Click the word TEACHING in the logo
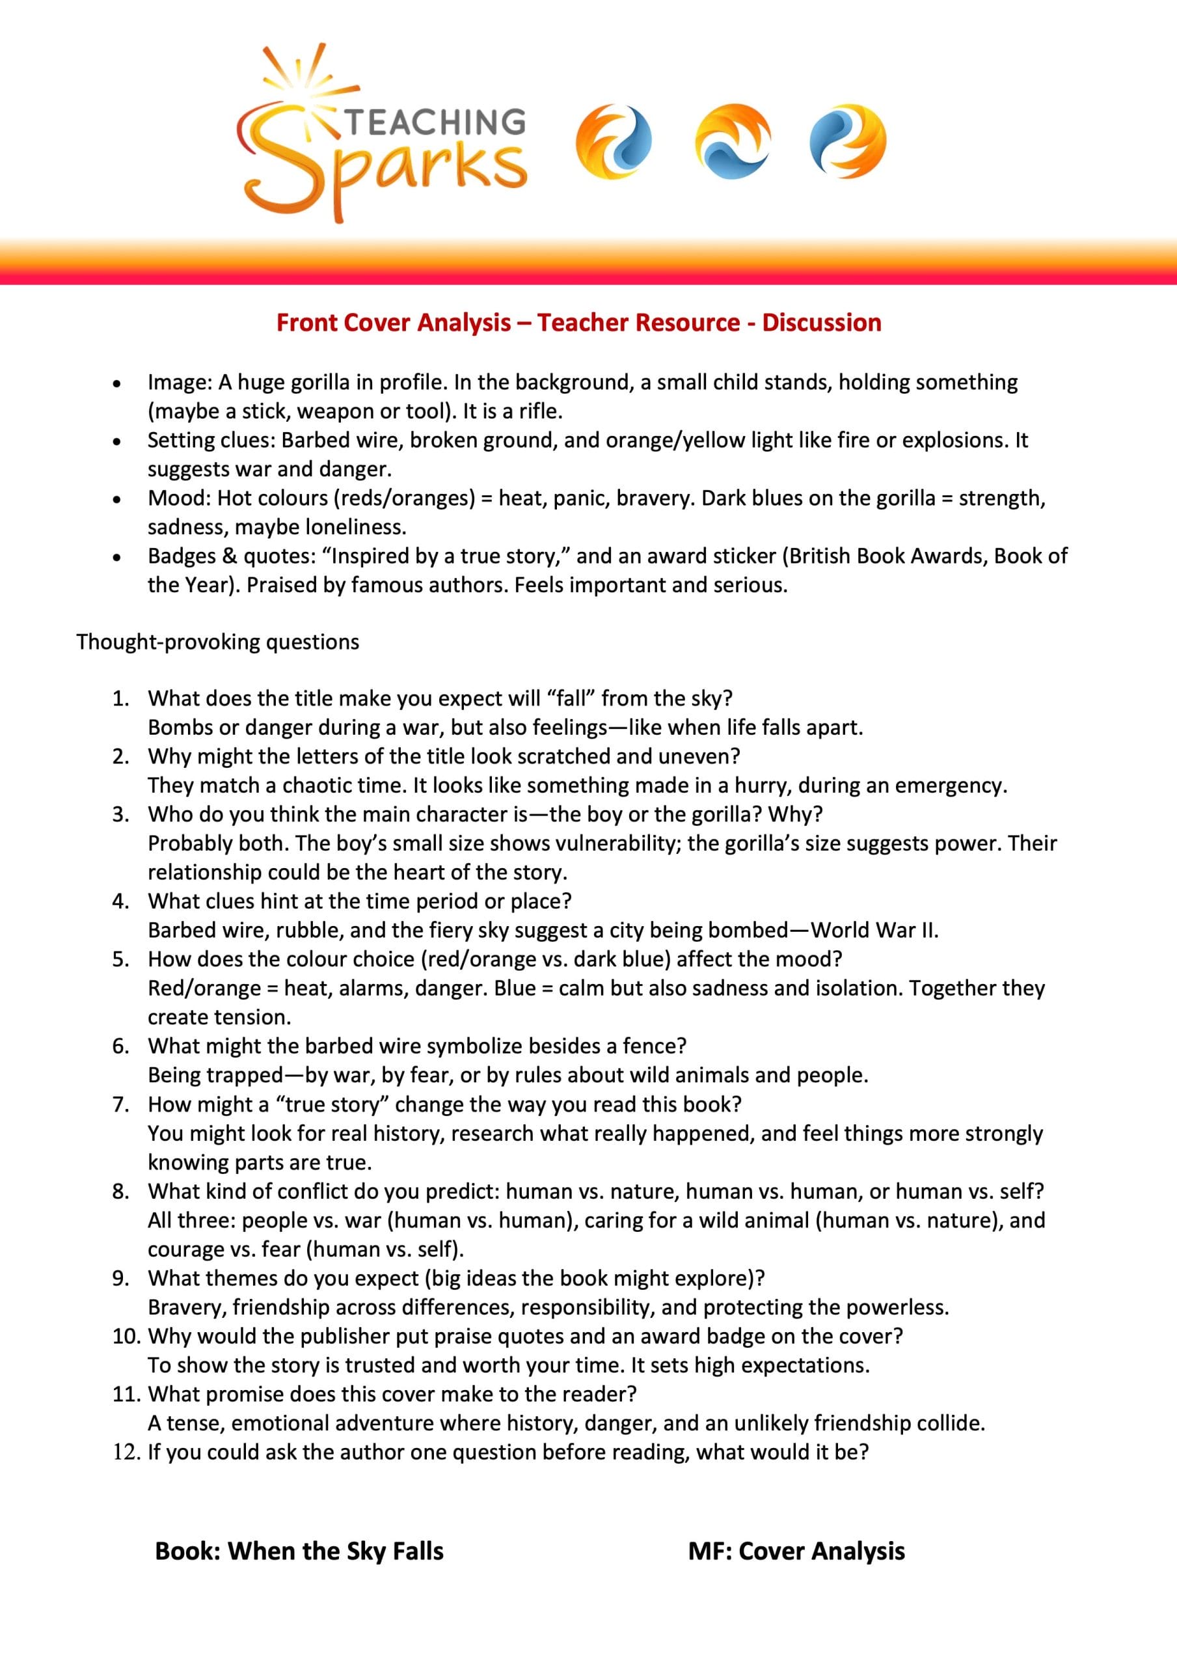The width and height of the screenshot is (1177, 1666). (435, 121)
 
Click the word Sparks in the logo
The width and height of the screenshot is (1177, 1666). (385, 167)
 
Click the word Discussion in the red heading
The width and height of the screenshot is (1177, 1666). (822, 322)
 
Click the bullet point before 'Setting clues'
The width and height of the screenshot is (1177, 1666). (115, 441)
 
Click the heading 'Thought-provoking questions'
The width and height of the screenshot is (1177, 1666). (218, 642)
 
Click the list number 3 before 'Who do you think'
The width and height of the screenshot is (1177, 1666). (120, 814)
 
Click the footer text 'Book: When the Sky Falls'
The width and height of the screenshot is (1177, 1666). (299, 1551)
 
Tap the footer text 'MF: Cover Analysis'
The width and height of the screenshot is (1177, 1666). (796, 1551)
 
